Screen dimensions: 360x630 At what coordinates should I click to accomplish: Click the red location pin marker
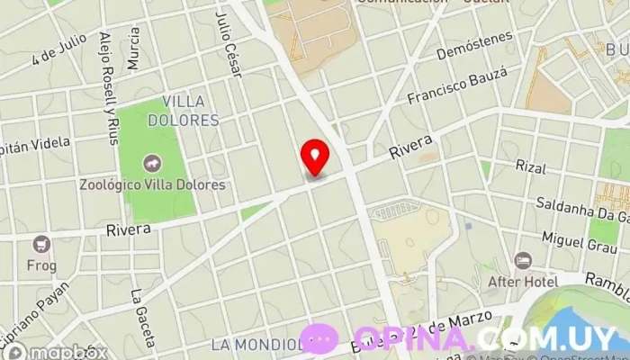tap(315, 157)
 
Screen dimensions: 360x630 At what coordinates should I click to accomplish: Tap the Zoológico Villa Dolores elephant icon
tap(151, 165)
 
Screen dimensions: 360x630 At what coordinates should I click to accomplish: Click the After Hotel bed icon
tap(523, 261)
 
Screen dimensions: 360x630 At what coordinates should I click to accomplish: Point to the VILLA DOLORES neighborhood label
tap(190, 111)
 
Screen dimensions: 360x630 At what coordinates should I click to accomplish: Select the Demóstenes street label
tap(474, 45)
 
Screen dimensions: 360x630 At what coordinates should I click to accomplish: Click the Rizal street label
tap(531, 166)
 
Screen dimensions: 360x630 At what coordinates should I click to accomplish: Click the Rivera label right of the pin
tap(410, 148)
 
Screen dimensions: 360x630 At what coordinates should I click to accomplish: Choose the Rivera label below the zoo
tap(128, 230)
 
